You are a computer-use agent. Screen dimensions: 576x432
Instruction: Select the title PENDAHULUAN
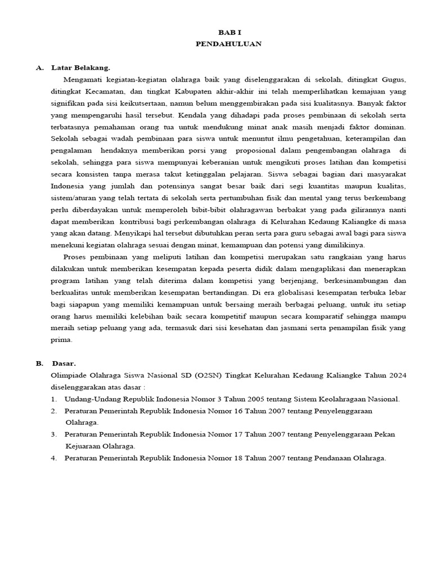point(229,44)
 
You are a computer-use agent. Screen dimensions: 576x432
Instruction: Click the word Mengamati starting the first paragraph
point(84,79)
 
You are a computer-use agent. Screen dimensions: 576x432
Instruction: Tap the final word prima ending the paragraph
point(61,340)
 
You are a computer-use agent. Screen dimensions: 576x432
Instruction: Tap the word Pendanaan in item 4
point(308,458)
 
